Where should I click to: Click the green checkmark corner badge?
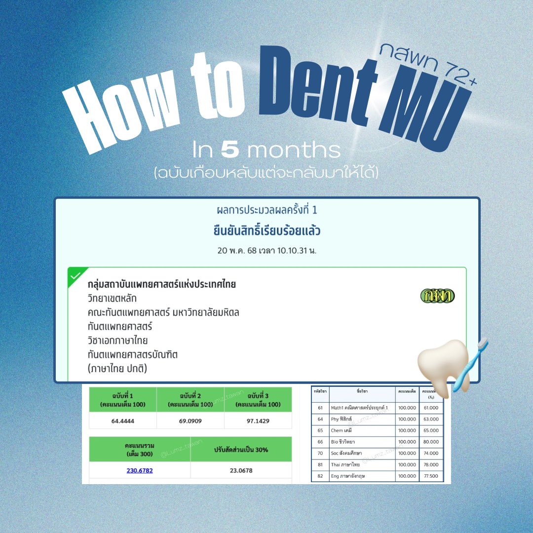pyautogui.click(x=76, y=275)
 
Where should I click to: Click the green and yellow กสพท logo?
pyautogui.click(x=437, y=296)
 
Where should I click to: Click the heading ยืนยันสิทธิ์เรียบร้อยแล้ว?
pyautogui.click(x=266, y=230)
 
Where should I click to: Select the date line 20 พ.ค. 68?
pyautogui.click(x=266, y=250)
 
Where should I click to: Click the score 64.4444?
pyautogui.click(x=122, y=421)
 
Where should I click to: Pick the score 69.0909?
pyautogui.click(x=190, y=421)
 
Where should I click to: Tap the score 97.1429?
pyautogui.click(x=258, y=421)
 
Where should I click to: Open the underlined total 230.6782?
pyautogui.click(x=139, y=470)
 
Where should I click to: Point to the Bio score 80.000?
pyautogui.click(x=431, y=442)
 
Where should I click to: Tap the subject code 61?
pyautogui.click(x=320, y=407)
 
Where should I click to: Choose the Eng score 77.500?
pyautogui.click(x=431, y=476)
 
